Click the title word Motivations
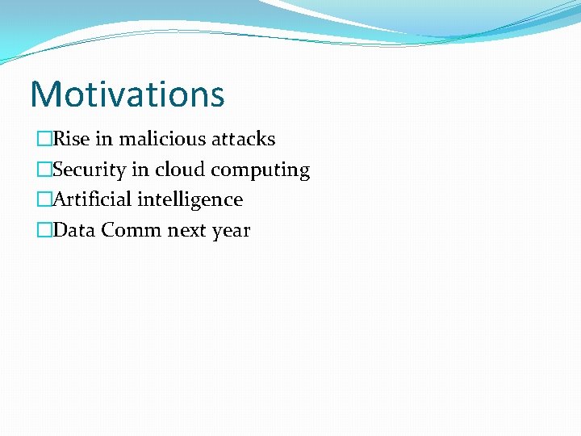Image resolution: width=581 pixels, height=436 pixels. [127, 94]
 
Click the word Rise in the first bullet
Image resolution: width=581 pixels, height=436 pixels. [72, 139]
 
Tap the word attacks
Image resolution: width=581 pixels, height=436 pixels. [243, 139]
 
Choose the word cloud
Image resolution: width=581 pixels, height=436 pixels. [180, 170]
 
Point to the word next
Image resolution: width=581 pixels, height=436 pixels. [186, 231]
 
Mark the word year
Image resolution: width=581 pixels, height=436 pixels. [231, 232]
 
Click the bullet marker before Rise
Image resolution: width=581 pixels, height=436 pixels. [44, 140]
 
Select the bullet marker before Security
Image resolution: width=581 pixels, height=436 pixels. [44, 170]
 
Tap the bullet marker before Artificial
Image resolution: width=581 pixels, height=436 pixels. [44, 200]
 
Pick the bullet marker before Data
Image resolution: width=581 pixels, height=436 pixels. [44, 231]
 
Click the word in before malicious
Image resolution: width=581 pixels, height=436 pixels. [104, 139]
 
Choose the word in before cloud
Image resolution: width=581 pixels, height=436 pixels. [140, 170]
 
